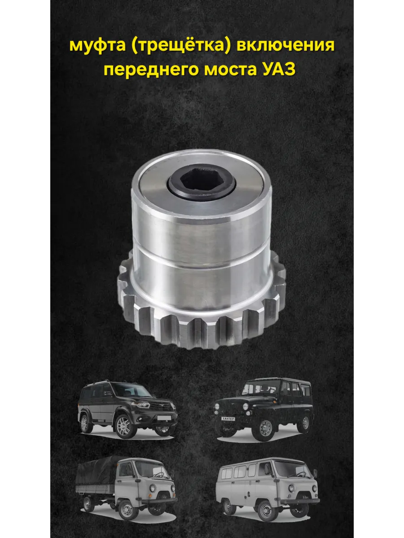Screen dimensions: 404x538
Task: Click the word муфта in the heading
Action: click(97, 46)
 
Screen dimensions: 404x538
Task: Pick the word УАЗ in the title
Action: click(277, 69)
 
